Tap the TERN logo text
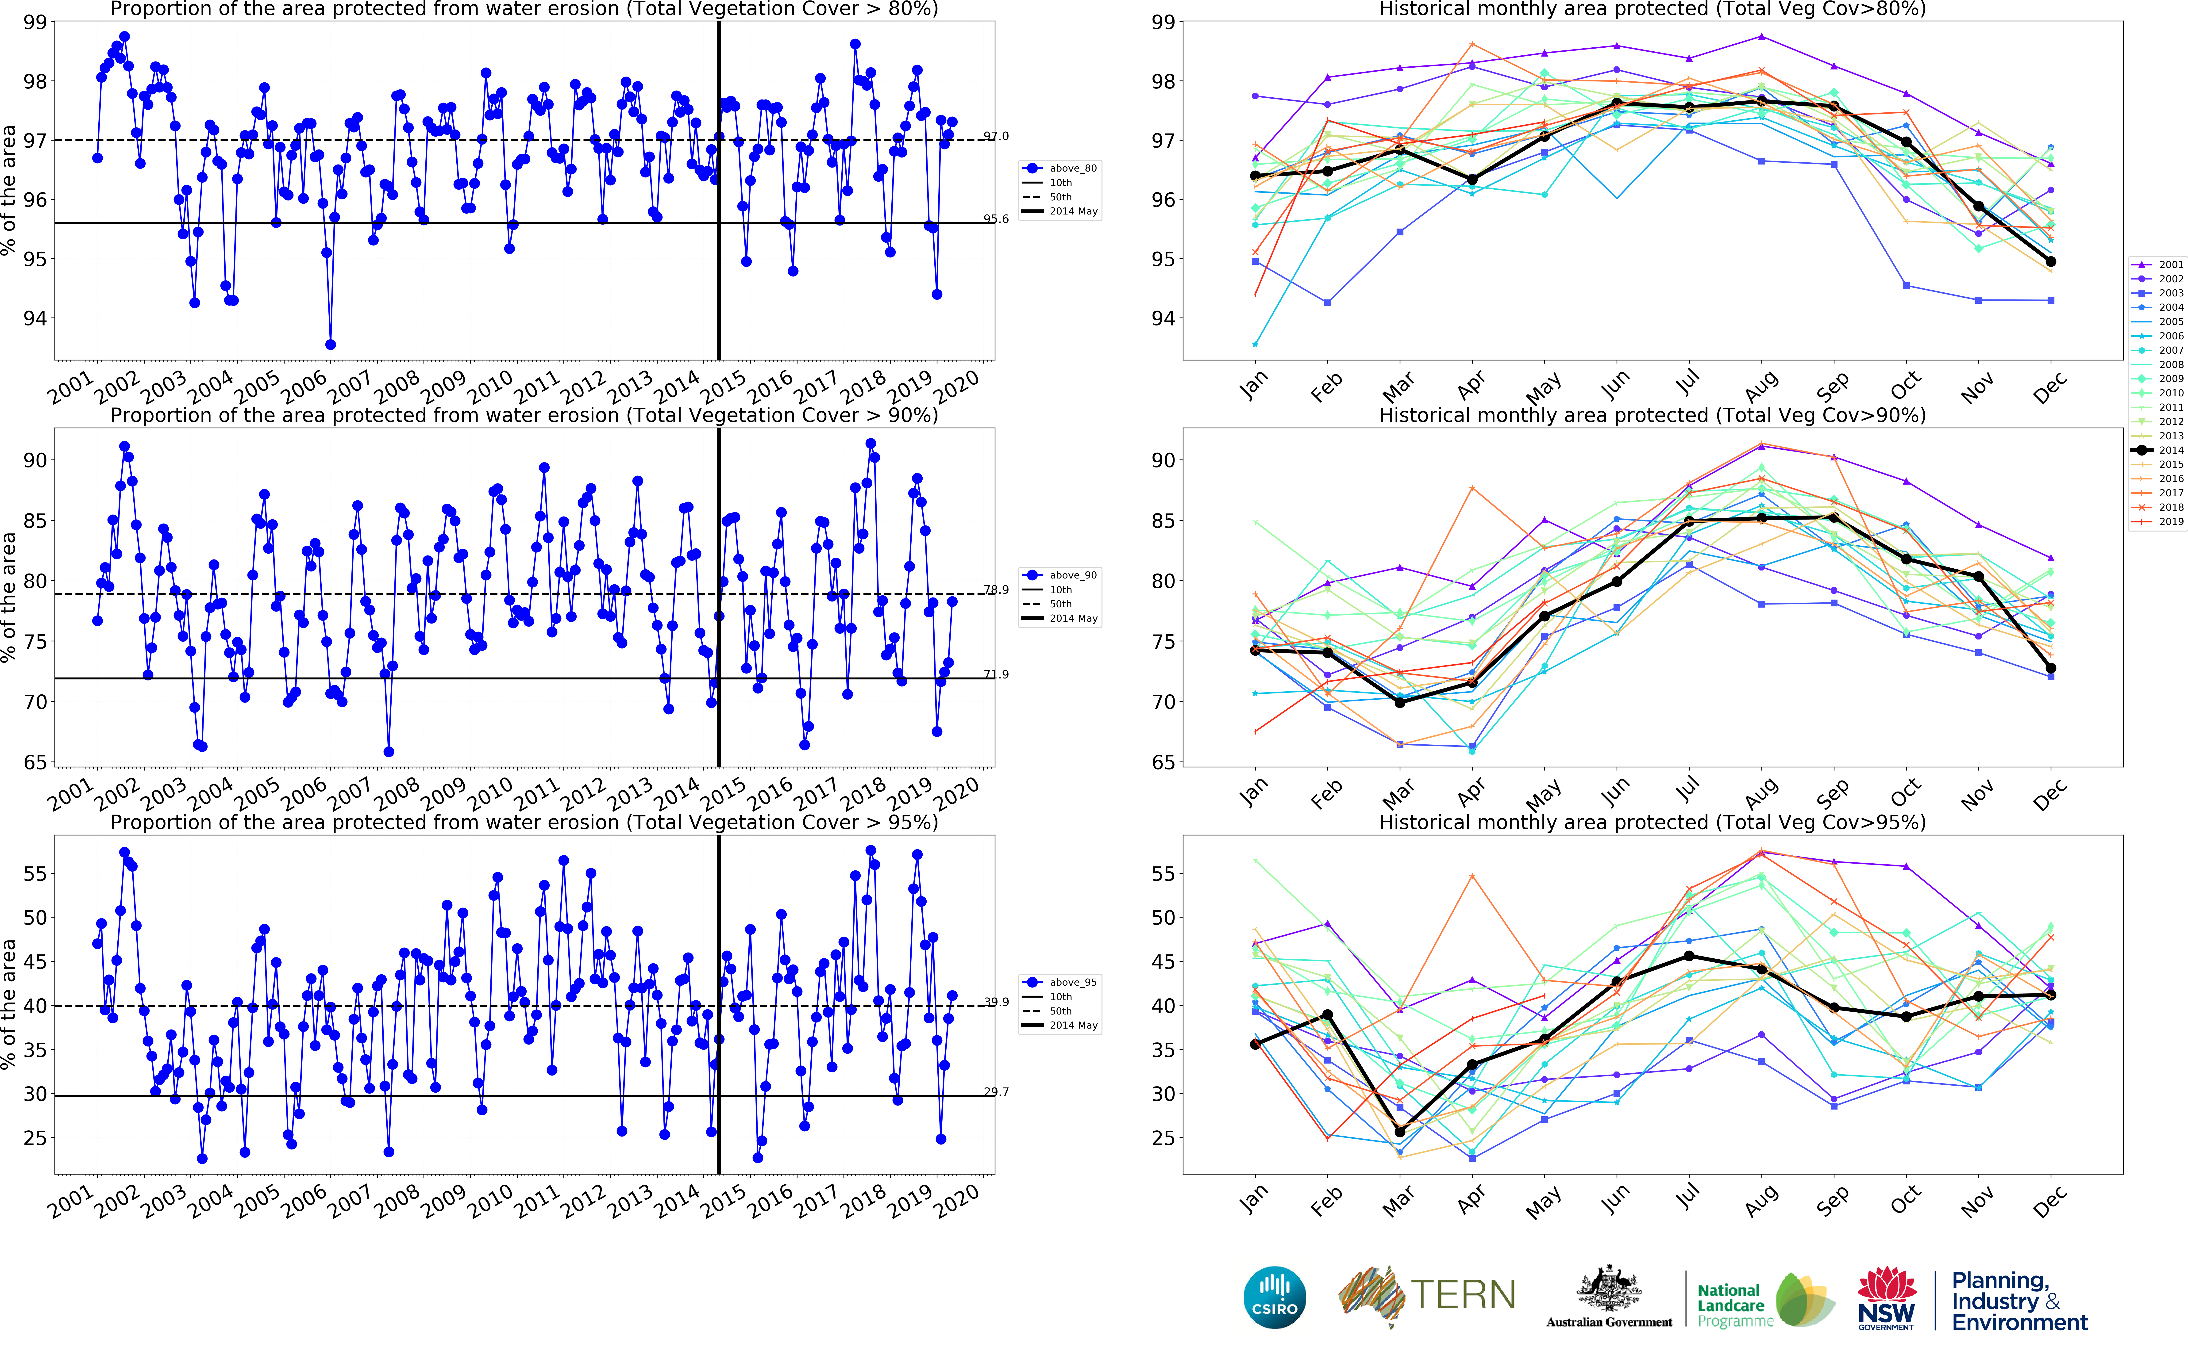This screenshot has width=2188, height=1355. (x=1463, y=1295)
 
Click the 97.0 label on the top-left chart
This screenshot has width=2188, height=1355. (x=996, y=136)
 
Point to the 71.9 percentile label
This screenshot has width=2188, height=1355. (x=996, y=674)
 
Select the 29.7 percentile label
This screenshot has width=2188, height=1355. (x=996, y=1091)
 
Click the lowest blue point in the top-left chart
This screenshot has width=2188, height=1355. (x=331, y=344)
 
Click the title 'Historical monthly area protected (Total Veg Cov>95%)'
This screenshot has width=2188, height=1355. (x=1652, y=822)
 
